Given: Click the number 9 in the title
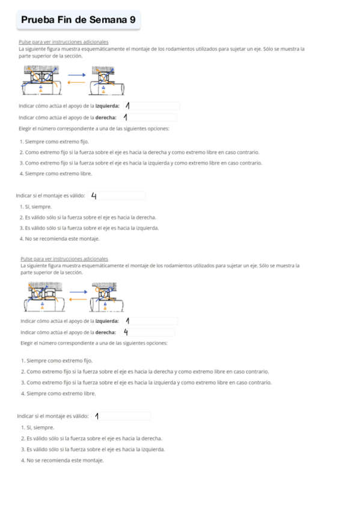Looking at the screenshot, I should [x=132, y=20].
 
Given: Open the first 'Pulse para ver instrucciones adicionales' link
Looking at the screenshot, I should [x=64, y=42].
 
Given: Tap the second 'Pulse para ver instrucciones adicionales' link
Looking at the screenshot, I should [x=64, y=259].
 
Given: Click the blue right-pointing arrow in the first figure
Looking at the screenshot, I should [x=77, y=75].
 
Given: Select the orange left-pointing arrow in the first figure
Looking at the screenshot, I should [x=77, y=83].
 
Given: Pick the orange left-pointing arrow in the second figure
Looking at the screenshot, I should [x=78, y=298].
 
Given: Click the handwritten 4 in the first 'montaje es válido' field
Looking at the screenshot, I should [x=94, y=196].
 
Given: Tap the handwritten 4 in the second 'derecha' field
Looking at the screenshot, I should [x=126, y=332].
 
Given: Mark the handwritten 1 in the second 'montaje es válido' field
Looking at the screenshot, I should [x=97, y=416].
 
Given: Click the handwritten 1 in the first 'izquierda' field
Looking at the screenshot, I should [x=127, y=106].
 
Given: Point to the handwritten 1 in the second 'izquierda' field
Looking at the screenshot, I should [x=128, y=321].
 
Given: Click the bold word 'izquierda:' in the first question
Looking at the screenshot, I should [x=107, y=106].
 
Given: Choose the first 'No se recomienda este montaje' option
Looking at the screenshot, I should [x=59, y=239].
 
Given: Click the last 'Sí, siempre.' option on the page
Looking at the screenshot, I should [x=37, y=427].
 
